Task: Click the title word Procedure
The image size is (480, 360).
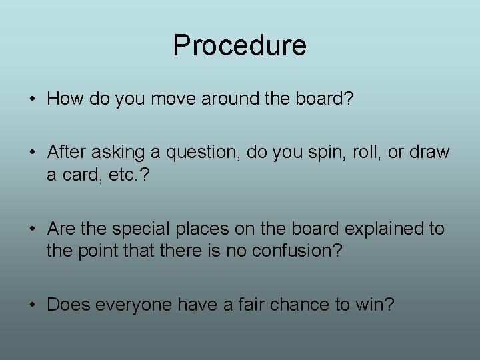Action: click(x=239, y=45)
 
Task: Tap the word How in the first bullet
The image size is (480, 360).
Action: click(x=63, y=99)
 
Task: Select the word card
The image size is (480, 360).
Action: click(x=81, y=175)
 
